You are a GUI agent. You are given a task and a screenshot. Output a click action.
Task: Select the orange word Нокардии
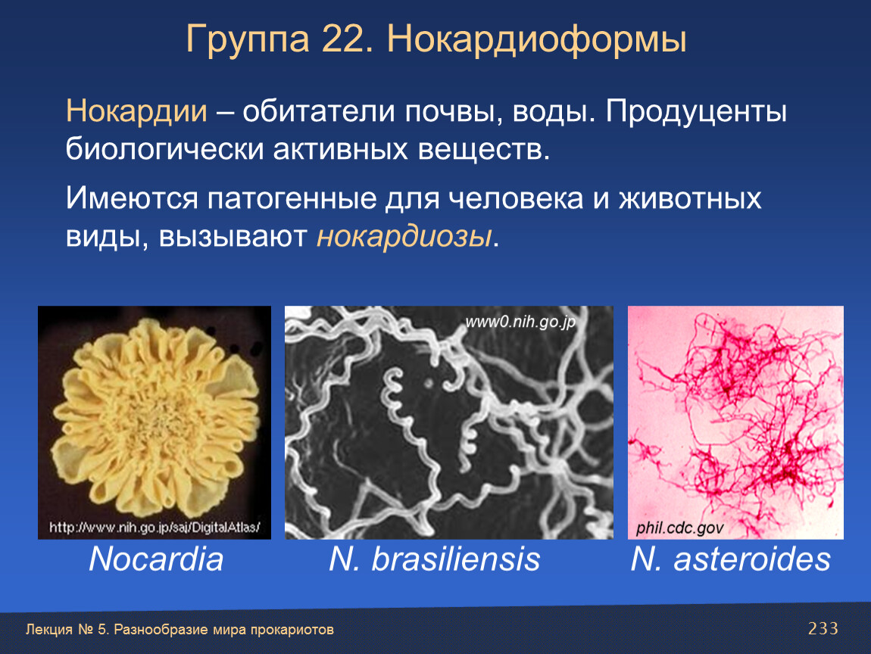[136, 111]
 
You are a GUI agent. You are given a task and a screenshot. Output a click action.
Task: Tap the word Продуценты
[696, 112]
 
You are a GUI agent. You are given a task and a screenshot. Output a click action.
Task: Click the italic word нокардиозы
[404, 236]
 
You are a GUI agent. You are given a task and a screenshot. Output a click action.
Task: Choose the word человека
[516, 199]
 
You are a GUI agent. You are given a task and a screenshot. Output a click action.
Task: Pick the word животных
[690, 199]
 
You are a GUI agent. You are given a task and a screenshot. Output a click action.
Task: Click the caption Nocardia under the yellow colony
[156, 559]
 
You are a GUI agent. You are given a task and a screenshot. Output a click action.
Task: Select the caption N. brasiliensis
[435, 559]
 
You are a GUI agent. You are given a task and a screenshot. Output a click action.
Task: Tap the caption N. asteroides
[730, 559]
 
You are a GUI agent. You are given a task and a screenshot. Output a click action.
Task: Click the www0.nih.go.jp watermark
[520, 322]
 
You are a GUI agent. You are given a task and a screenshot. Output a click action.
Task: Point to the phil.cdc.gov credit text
[679, 528]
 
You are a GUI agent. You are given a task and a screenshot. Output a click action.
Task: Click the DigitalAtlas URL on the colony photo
[155, 527]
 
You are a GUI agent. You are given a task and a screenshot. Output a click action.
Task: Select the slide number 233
[823, 628]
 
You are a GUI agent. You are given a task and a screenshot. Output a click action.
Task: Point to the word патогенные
[292, 199]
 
